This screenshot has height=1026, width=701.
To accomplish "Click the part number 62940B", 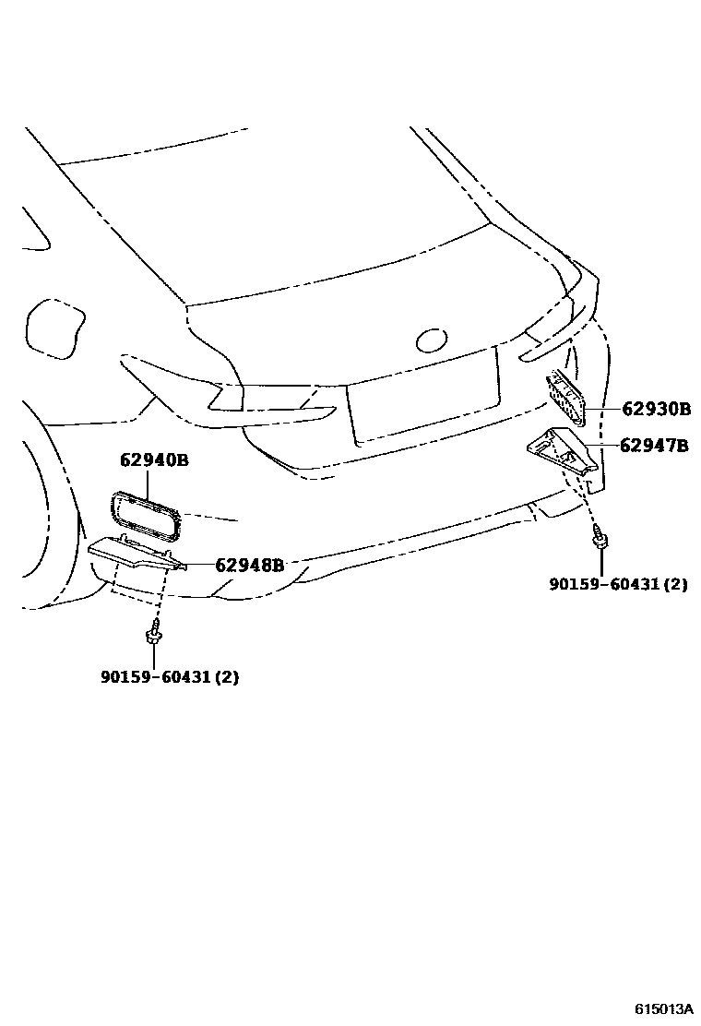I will click(154, 459).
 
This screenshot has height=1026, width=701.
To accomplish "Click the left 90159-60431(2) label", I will click(170, 676).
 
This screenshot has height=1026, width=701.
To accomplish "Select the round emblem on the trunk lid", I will click(432, 340).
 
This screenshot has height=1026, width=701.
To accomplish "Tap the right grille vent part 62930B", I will click(566, 399).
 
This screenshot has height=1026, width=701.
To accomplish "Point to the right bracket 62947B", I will click(561, 452).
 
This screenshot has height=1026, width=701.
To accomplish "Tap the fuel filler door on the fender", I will click(56, 327).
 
